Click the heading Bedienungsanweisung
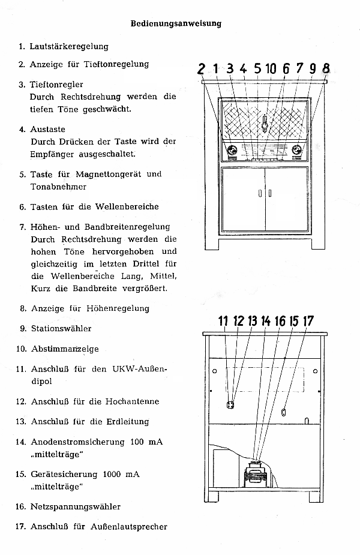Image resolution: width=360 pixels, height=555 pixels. click(176, 24)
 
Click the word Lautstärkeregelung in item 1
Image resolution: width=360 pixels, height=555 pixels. click(69, 46)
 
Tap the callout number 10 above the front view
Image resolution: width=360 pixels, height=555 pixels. click(271, 68)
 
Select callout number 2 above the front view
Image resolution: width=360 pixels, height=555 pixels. click(201, 69)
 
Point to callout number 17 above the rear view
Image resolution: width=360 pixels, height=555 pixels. click(308, 321)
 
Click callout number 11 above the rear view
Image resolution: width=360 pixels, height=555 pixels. click(223, 321)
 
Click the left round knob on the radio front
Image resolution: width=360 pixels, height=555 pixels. click(232, 151)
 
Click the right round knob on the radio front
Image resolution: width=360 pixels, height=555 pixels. click(296, 151)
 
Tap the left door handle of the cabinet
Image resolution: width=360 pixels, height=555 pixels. click(260, 193)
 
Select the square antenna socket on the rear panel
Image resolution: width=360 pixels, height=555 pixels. click(230, 404)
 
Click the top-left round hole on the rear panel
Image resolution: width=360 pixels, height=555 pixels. click(215, 371)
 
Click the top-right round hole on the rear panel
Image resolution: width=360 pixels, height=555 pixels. click(315, 371)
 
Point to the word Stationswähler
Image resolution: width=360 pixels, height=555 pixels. click(61, 328)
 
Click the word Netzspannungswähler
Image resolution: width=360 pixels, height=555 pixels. click(76, 506)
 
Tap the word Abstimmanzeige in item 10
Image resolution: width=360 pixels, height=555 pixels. click(65, 349)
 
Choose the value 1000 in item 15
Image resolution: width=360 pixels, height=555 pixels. click(112, 474)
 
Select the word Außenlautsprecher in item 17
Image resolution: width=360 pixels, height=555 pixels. click(129, 527)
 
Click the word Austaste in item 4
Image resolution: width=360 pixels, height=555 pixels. click(48, 129)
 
